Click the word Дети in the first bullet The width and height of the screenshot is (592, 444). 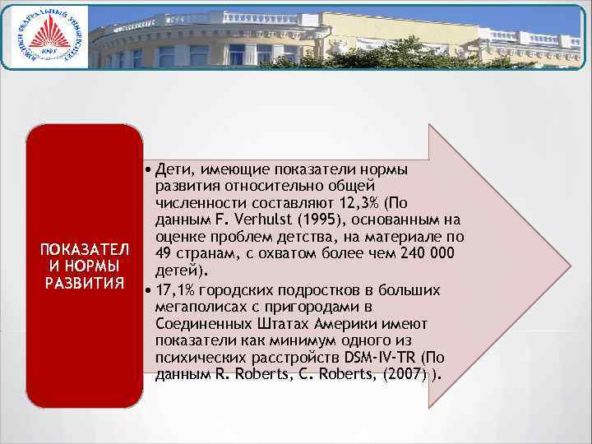coord(173,169)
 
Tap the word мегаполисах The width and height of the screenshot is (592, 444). coord(194,307)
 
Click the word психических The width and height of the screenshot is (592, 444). coord(192,358)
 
